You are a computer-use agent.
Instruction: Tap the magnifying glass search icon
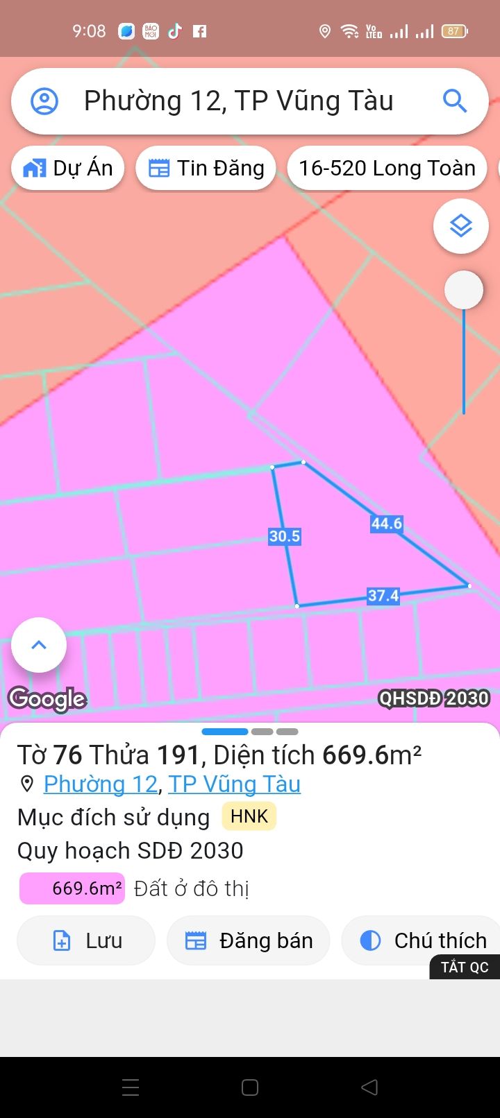coord(455,101)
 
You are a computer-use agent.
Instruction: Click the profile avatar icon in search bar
coord(44,101)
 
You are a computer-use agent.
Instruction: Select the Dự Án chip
coord(68,168)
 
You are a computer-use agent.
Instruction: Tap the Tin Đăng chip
coord(206,168)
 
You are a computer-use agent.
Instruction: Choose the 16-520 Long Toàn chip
coord(387,168)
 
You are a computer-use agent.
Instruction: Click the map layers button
coord(461,226)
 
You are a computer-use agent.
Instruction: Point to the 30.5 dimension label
coord(285,536)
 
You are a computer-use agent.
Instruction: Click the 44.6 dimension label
coord(387,524)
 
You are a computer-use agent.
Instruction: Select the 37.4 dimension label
coord(383,596)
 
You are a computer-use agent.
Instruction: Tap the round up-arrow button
coord(39,645)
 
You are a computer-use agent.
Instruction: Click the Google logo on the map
coord(47,698)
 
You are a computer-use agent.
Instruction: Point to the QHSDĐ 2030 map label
coord(434,698)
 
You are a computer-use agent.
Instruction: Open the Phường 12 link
coord(101,784)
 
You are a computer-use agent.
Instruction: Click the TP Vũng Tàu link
coord(235,784)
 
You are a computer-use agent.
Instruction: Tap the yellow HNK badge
coord(249,816)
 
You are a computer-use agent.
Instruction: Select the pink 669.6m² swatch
coord(72,888)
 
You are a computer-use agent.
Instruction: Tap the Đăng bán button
coord(249,940)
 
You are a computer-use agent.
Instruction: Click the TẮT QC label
coord(465,967)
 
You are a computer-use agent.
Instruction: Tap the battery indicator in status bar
coord(455,31)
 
